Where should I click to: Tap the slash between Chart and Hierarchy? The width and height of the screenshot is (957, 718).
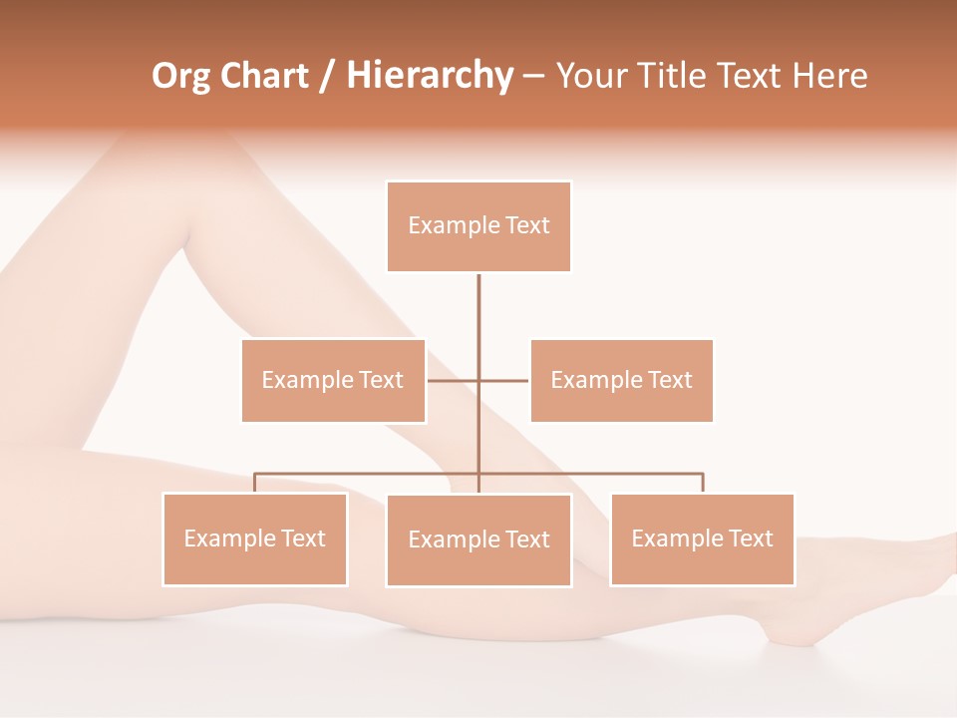coord(327,76)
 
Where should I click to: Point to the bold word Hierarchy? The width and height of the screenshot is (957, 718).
coord(429,76)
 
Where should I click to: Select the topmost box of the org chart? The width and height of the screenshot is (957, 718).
coord(478,226)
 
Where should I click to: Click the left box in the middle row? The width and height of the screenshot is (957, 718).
coord(333,380)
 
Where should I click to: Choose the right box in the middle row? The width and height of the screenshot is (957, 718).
coord(621,380)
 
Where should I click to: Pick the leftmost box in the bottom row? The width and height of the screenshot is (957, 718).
coord(255,539)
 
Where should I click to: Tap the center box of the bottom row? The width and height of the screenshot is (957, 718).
coord(478,540)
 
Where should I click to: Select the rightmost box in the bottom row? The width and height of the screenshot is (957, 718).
coord(702,539)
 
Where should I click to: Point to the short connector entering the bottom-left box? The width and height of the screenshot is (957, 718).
coord(255,483)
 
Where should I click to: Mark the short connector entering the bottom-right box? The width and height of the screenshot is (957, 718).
coord(703,483)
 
